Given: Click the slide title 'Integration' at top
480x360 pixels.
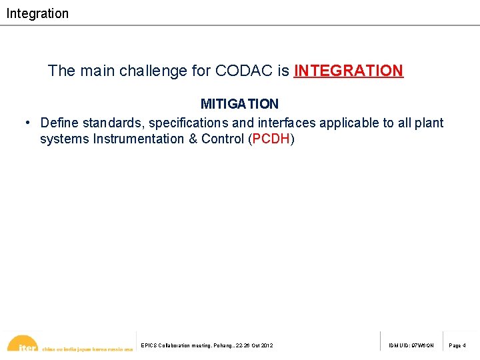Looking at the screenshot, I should coord(37,13).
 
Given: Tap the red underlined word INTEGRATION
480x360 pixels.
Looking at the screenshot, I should coord(348,71).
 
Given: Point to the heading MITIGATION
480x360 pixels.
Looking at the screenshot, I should coord(239,104).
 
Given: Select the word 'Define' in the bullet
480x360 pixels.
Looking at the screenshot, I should coord(59,123).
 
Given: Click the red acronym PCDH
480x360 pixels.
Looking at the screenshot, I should coord(271,139).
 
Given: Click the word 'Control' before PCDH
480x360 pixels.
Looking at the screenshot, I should coord(223,139).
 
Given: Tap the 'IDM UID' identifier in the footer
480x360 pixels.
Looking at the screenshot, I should coord(411,345).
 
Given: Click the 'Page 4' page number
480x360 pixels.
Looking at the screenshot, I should coord(457,345).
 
